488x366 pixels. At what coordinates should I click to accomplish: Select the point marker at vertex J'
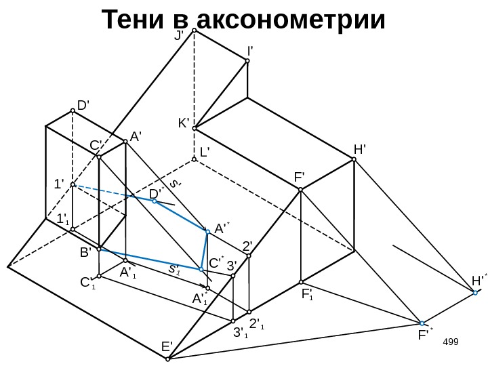194,30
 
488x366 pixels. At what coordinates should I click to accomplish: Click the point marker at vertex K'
194,128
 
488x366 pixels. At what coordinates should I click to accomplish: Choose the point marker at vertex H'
354,160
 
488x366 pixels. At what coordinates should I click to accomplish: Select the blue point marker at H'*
476,293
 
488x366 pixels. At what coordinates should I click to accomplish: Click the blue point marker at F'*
422,323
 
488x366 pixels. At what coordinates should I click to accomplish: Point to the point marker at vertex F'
301,190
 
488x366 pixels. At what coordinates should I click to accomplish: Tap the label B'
85,253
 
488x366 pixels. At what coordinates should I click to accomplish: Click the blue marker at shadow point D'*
154,201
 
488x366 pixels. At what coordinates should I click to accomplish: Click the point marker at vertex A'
125,142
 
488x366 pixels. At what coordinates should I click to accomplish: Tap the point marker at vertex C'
99,157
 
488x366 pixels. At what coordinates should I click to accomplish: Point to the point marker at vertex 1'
73,185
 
